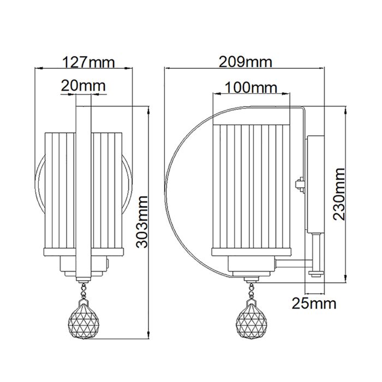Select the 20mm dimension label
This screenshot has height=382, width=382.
click(83, 86)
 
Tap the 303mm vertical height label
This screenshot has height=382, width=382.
click(142, 221)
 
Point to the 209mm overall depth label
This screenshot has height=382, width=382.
click(245, 62)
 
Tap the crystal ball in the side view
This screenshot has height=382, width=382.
click(252, 319)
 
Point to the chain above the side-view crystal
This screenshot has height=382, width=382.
click(252, 289)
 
